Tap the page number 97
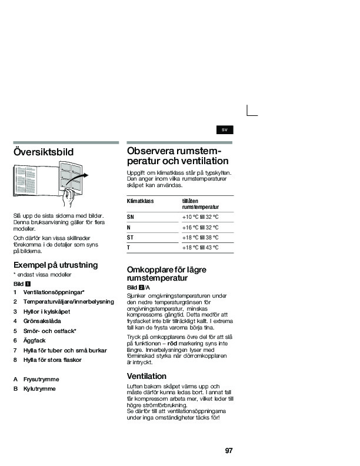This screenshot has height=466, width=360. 229,451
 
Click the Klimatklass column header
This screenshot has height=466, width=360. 140,201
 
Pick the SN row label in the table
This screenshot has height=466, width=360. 131,217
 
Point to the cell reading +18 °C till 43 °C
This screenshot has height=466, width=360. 201,248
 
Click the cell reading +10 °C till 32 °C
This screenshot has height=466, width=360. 201,217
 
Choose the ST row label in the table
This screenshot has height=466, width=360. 131,237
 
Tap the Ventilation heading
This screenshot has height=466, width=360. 146,375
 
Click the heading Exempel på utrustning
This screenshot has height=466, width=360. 55,265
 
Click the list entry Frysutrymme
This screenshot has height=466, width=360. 41,380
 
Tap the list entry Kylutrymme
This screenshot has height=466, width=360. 39,390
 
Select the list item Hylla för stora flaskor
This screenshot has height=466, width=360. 52,360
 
